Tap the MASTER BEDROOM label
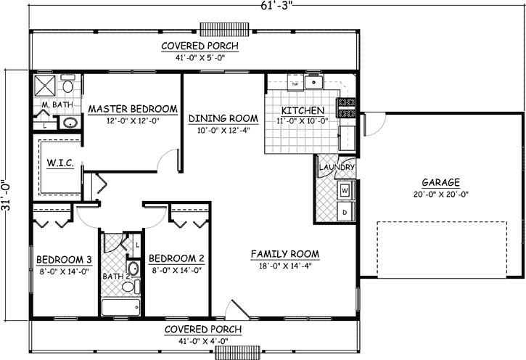coord(133,109)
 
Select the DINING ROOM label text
coord(223,118)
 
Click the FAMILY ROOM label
coord(284,254)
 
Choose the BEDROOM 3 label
coord(64,258)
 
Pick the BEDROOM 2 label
coord(176,258)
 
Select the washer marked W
coord(345,191)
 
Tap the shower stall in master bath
coord(46,86)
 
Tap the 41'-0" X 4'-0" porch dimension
coord(203,340)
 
